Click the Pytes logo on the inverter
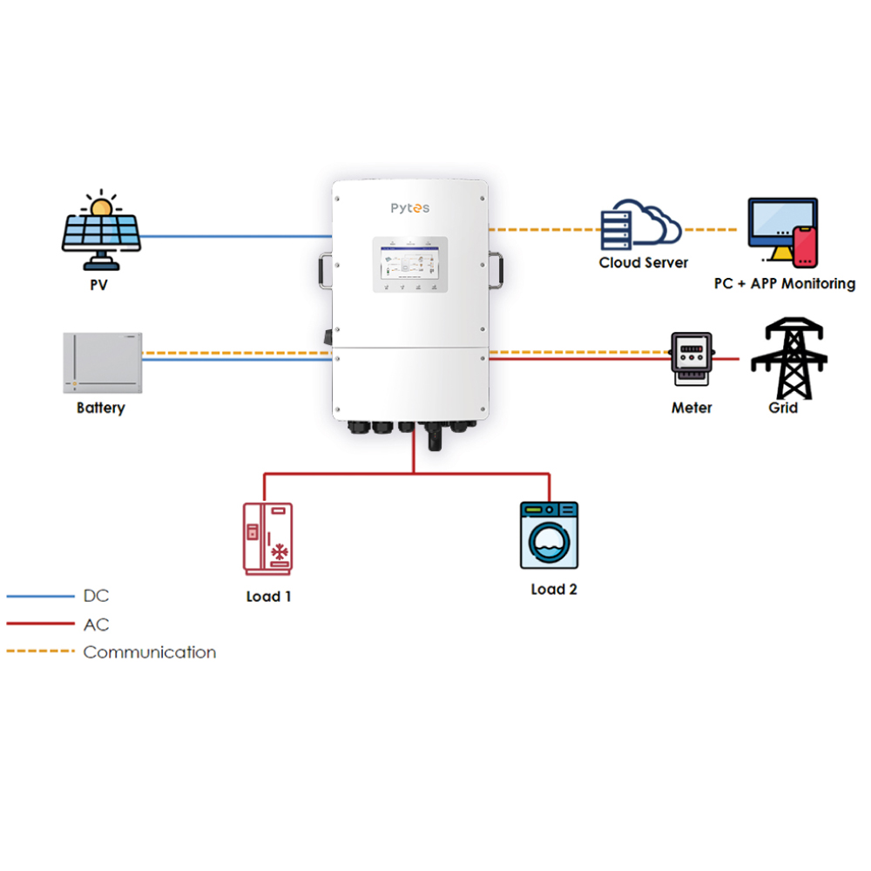409,208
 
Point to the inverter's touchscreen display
410,264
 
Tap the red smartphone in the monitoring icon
806,246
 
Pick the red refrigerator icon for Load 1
268,538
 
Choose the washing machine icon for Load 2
550,536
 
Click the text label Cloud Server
644,262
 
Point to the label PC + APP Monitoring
785,284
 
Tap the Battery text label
101,408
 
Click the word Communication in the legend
150,652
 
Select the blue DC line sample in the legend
40,597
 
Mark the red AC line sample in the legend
40,624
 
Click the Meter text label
692,408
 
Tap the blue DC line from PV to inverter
235,236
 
